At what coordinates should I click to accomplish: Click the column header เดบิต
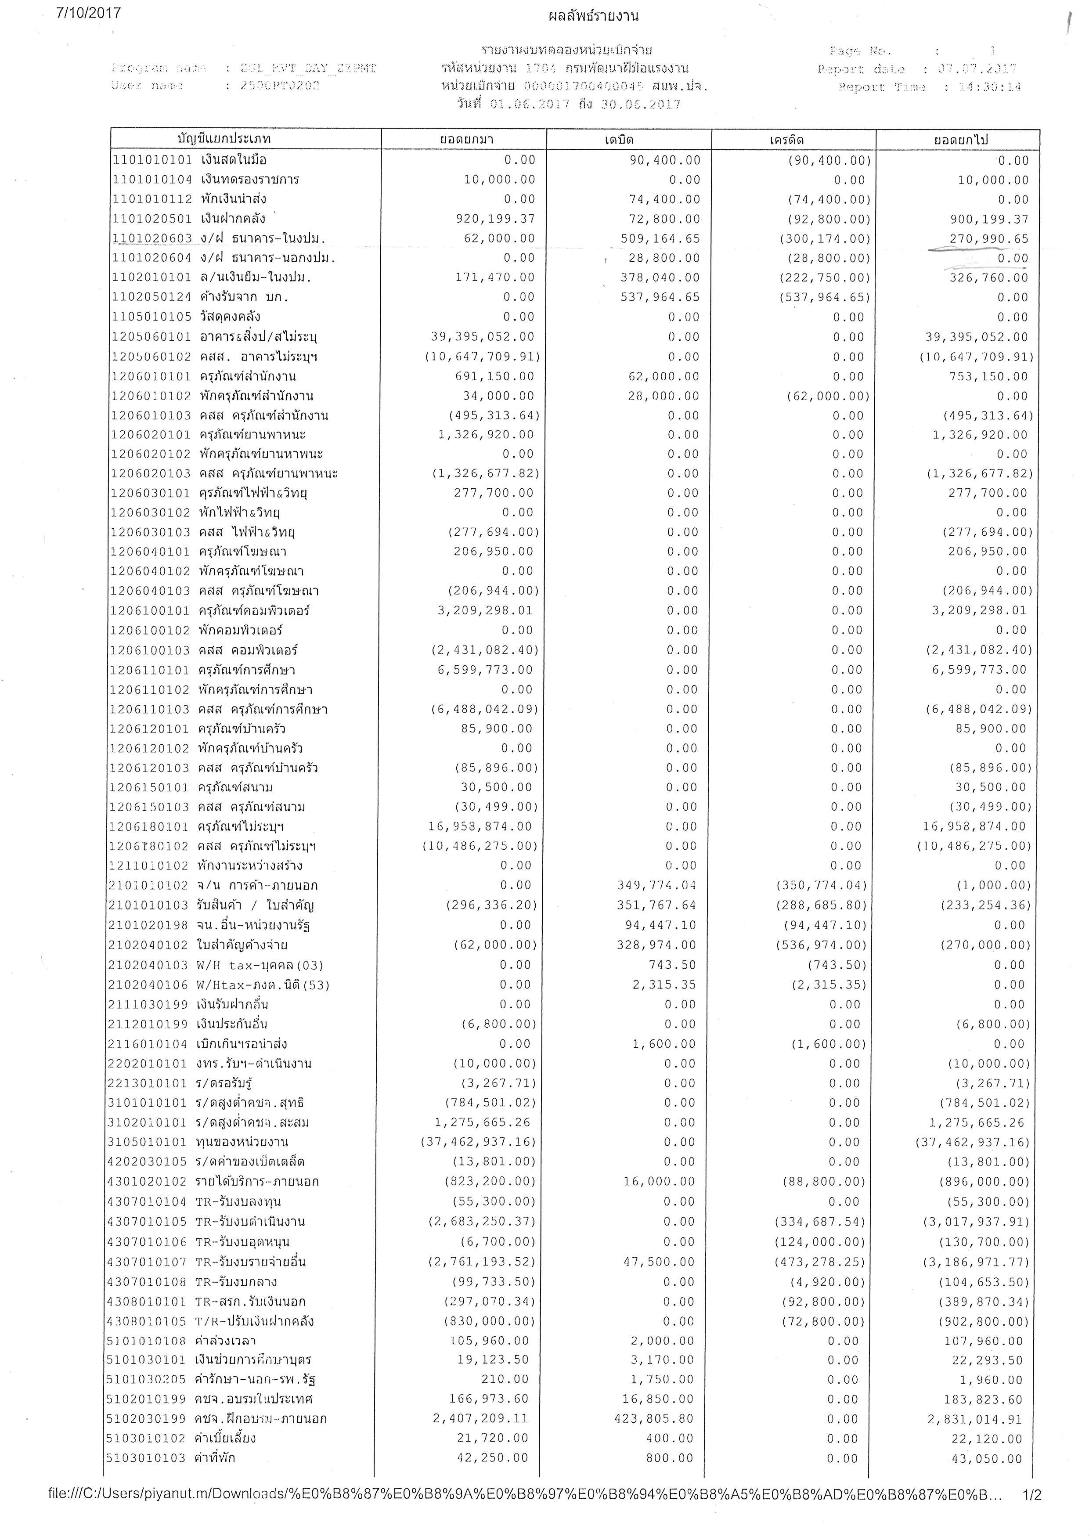pyautogui.click(x=618, y=140)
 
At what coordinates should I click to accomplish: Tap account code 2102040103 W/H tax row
pyautogui.click(x=148, y=965)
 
